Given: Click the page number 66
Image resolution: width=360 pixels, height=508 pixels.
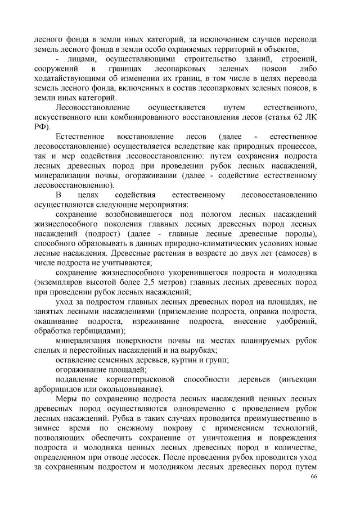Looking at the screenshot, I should [x=313, y=476].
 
